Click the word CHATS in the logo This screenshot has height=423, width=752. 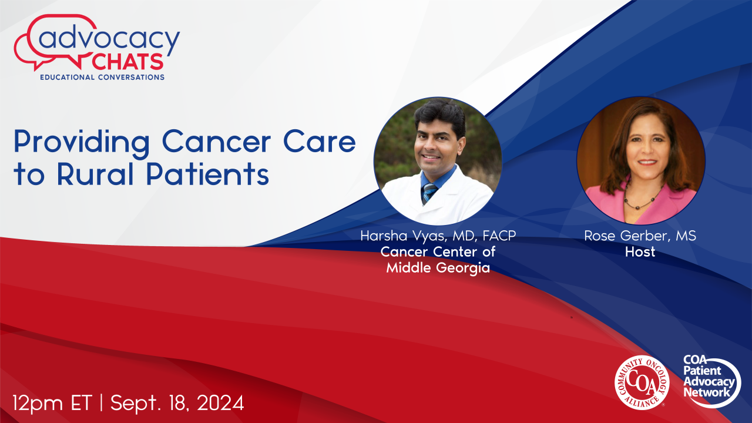pos(127,62)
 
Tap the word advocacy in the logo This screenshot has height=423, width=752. pos(109,40)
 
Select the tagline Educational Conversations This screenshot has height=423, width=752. pos(102,77)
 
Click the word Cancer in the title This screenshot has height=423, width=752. pos(217,142)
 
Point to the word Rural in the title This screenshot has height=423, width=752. pos(96,174)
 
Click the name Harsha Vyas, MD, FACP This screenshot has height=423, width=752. pos(438,236)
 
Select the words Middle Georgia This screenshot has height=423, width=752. pos(438,268)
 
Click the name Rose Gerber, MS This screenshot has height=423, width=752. pos(640,236)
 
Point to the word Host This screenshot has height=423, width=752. pos(640,252)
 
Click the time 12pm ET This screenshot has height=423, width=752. pos(52,403)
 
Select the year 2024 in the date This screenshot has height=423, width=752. pos(220,402)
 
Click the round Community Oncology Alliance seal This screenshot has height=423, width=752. pos(642,382)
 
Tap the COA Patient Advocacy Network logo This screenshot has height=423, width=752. pos(711,381)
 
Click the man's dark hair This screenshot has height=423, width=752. pos(440,116)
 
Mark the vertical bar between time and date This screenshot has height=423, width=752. pos(102,402)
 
